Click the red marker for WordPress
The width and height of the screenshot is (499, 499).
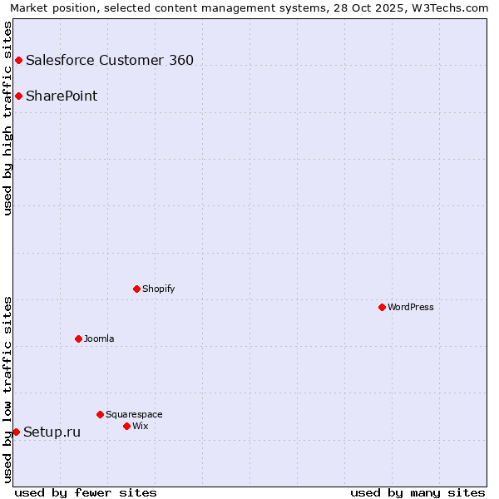tap(382, 307)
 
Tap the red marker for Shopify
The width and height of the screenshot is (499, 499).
tap(136, 289)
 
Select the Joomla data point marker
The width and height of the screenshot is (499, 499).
tap(78, 338)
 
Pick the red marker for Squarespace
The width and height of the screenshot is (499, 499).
tap(100, 414)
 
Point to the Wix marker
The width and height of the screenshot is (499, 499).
tap(126, 426)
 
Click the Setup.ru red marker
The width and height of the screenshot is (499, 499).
tap(16, 432)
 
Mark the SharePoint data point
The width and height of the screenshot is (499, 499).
tap(18, 96)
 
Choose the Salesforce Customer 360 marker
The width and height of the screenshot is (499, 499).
tap(18, 60)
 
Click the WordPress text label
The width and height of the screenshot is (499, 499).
tap(411, 307)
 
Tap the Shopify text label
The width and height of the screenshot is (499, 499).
tap(159, 289)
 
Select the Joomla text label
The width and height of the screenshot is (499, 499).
tap(99, 338)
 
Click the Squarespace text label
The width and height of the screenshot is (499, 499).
tap(134, 414)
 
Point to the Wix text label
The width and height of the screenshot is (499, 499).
tap(141, 426)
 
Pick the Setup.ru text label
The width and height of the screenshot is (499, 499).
tap(52, 432)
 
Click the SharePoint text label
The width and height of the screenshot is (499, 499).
tap(62, 96)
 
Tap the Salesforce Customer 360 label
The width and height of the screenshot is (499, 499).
tap(110, 60)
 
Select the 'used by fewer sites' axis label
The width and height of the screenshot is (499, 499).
tap(86, 492)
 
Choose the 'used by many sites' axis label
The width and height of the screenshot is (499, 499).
tap(417, 492)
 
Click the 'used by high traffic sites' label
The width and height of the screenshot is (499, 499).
tap(7, 118)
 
